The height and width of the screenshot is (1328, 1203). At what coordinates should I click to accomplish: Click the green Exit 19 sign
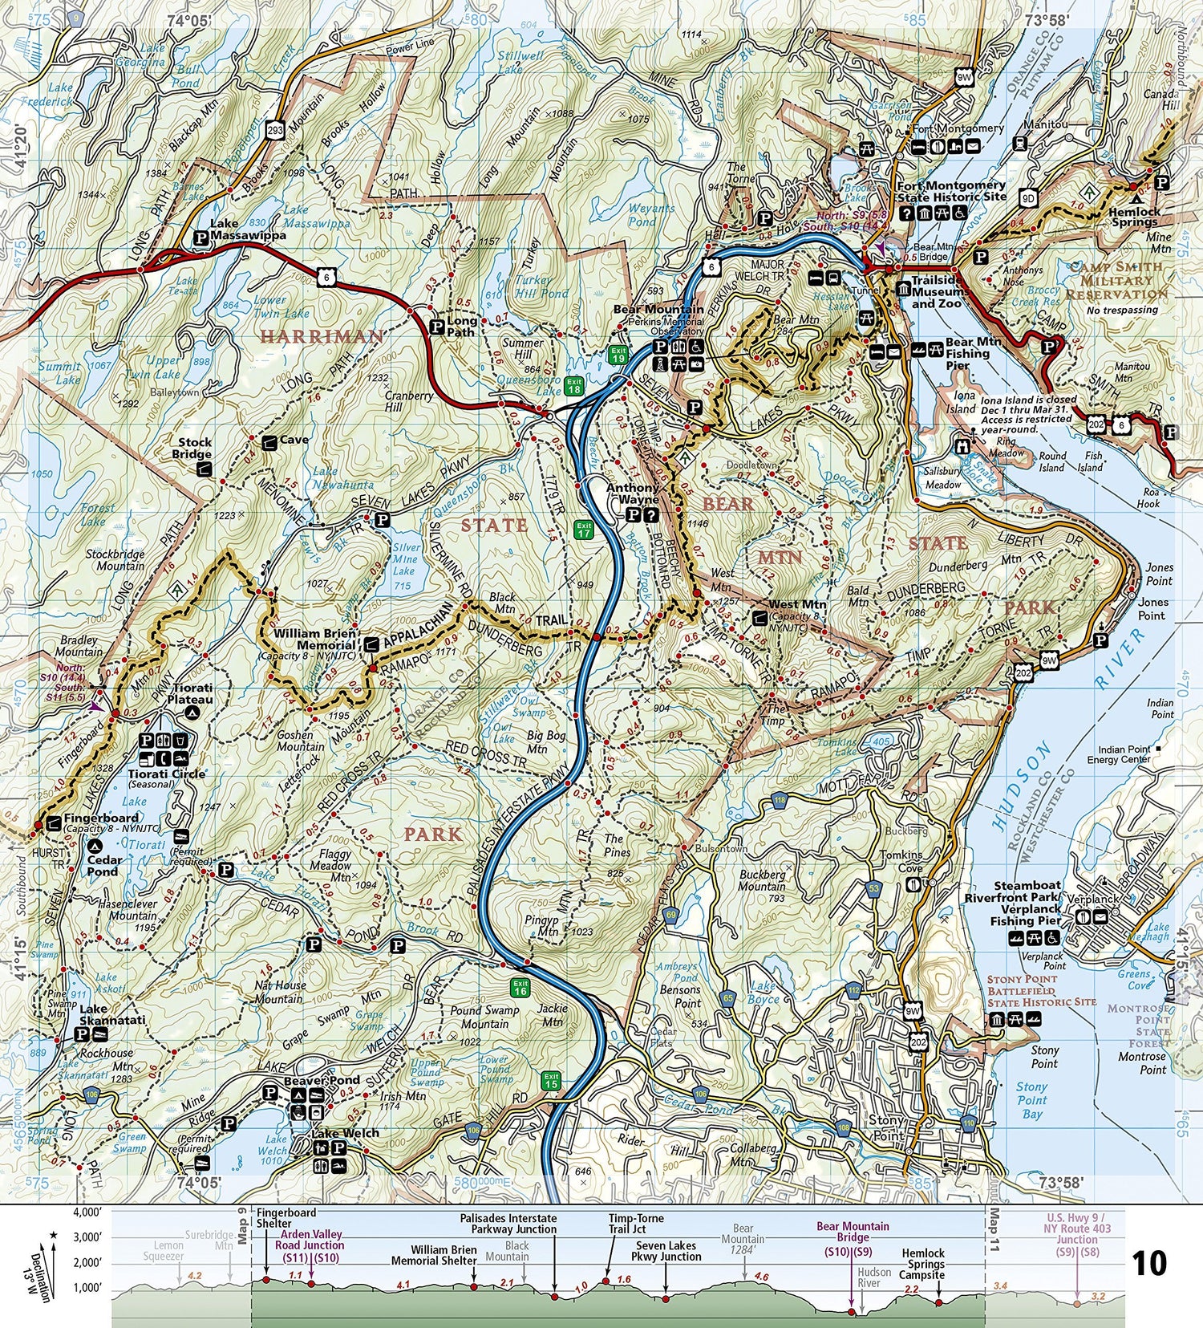(617, 355)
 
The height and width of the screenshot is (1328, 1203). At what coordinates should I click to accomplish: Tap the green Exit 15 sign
(550, 1081)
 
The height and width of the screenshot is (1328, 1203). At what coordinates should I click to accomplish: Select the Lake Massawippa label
(237, 230)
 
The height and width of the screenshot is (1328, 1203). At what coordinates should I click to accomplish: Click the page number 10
(1148, 1264)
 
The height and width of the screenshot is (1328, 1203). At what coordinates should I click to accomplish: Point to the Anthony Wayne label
(633, 493)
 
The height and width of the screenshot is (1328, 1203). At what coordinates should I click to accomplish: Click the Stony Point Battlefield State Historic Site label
(1041, 991)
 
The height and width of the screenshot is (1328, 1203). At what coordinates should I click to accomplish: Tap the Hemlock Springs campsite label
(1135, 217)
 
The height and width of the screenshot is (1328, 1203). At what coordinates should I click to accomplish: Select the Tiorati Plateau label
(190, 693)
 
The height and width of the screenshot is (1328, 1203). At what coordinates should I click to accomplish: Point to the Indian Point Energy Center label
(1119, 754)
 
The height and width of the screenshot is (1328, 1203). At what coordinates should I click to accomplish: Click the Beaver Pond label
(322, 1080)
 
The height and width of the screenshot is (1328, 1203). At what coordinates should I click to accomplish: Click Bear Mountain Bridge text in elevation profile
(853, 1232)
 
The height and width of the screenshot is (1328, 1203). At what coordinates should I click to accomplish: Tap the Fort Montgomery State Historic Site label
(951, 191)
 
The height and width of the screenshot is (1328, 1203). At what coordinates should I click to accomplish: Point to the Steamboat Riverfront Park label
(1013, 891)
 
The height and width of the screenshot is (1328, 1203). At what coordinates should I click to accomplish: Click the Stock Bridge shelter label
(195, 448)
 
